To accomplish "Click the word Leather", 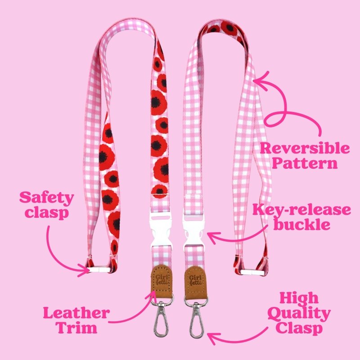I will click(76, 313).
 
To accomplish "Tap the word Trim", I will click(77, 328).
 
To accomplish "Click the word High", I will click(299, 298).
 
